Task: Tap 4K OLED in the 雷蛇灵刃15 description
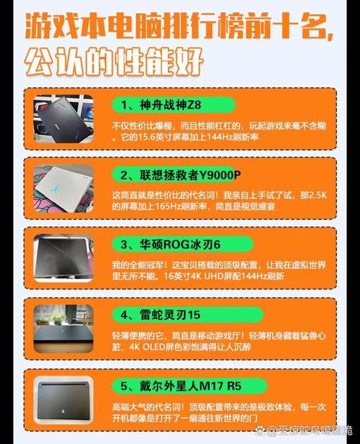pos(153,345)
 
